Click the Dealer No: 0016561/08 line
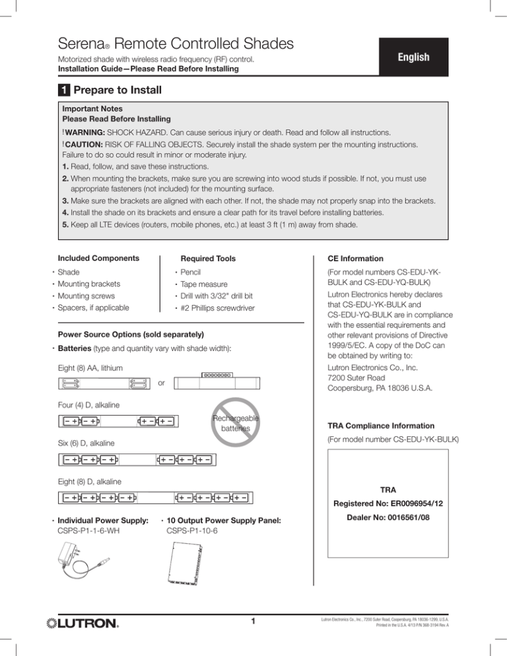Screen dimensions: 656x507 coord(384,519)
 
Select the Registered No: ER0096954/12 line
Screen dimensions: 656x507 coord(384,503)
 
